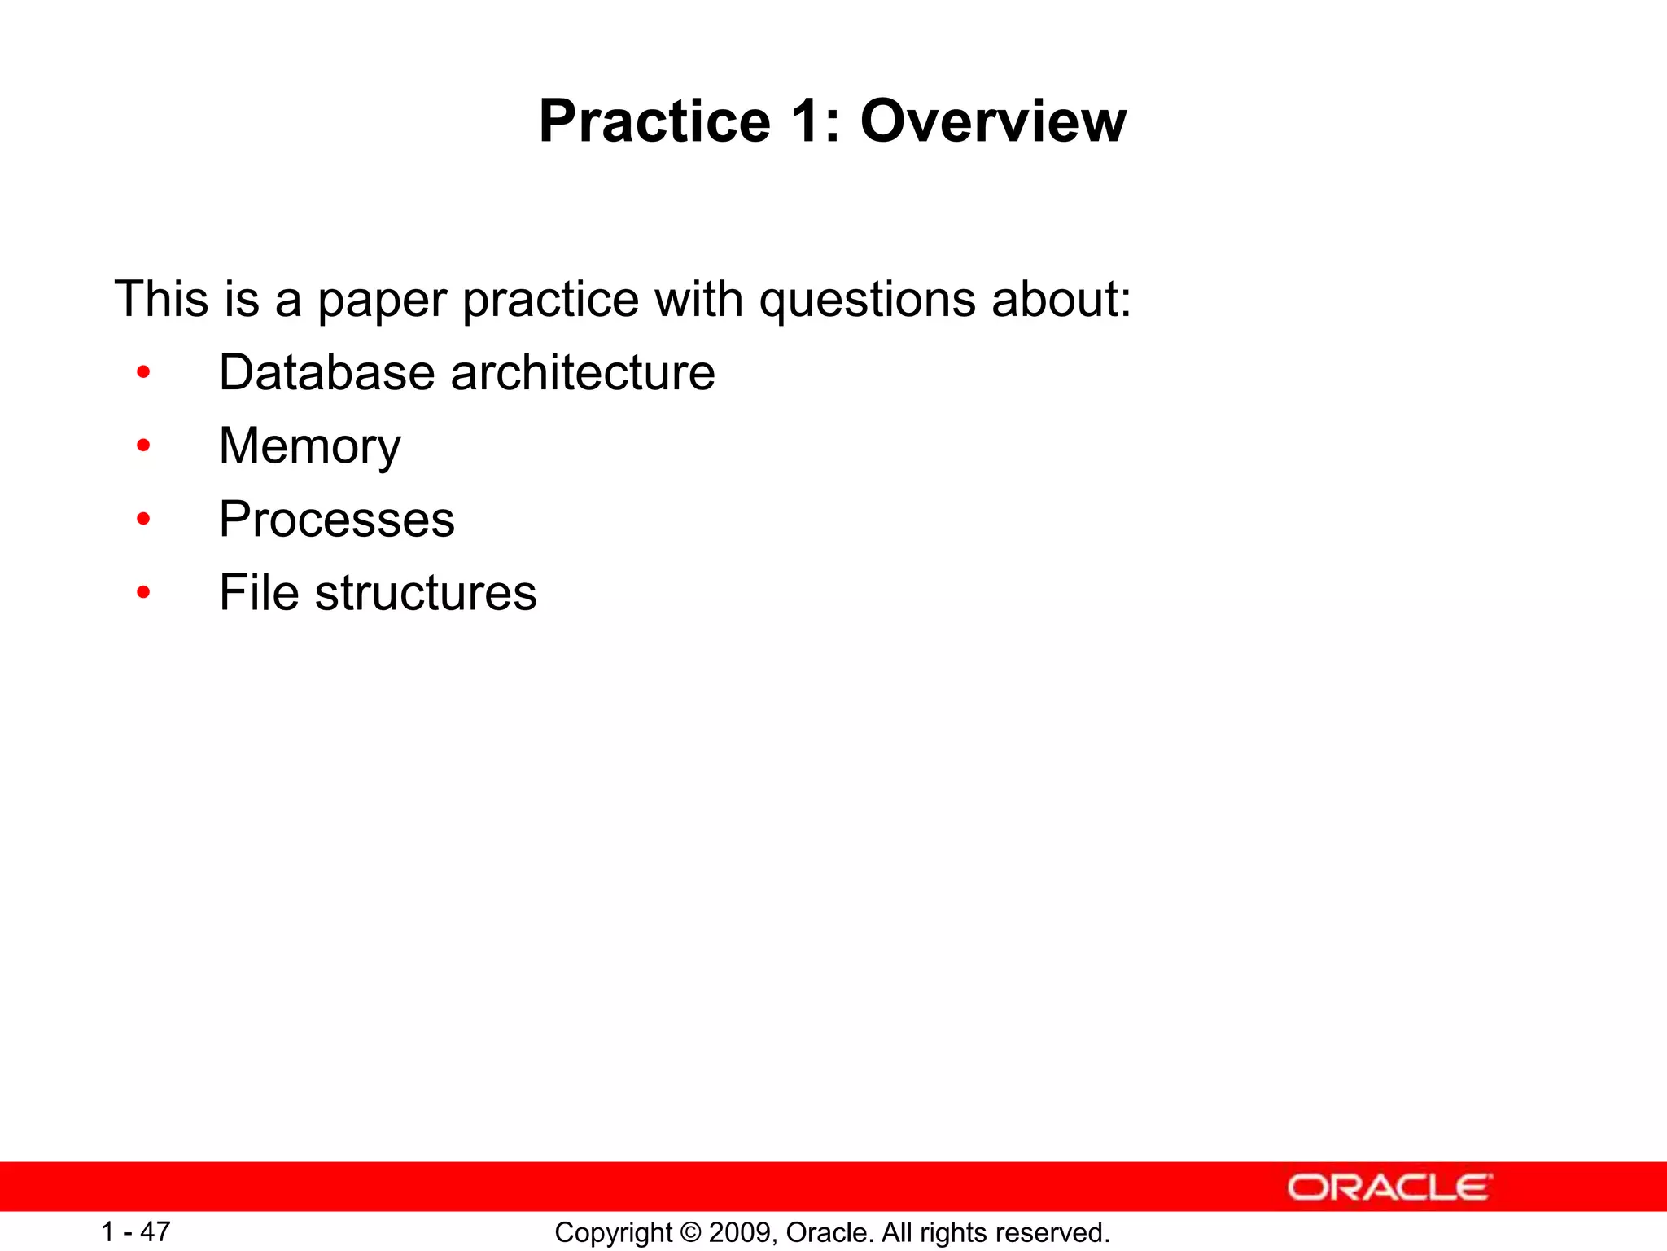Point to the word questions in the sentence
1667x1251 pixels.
866,301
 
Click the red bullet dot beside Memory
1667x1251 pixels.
144,446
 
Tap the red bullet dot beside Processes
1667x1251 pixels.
144,519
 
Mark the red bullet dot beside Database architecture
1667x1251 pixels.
144,372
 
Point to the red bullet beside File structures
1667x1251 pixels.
144,592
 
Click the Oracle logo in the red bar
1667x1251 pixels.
1389,1187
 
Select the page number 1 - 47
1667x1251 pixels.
135,1231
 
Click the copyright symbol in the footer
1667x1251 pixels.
690,1233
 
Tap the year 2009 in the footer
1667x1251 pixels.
741,1233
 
